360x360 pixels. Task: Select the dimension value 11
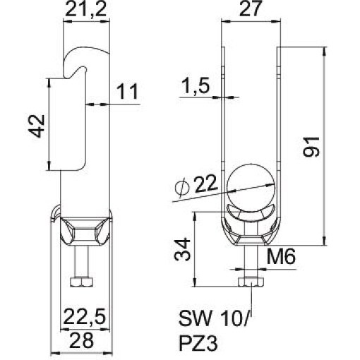(128, 92)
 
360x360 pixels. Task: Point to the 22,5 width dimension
(85, 315)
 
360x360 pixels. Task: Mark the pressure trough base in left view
(85, 232)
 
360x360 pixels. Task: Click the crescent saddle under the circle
(251, 215)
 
